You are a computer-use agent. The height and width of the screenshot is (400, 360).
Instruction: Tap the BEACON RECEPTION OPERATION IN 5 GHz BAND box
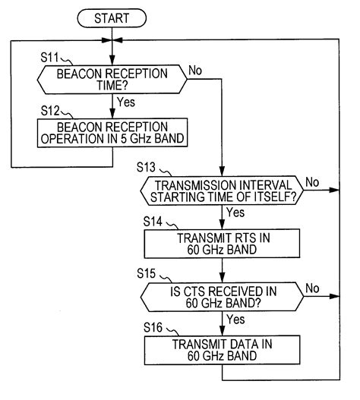coord(112,131)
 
